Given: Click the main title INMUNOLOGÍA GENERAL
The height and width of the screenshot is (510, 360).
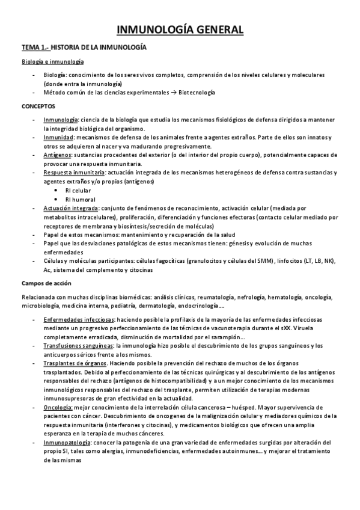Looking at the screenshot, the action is pyautogui.click(x=180, y=29).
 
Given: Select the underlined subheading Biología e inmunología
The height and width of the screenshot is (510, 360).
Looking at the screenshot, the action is pyautogui.click(x=53, y=61).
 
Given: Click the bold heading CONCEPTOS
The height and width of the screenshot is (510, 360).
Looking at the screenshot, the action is pyautogui.click(x=37, y=107).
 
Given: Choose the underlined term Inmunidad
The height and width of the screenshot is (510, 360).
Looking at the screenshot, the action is pyautogui.click(x=58, y=138).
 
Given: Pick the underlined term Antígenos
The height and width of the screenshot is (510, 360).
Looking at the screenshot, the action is pyautogui.click(x=58, y=155).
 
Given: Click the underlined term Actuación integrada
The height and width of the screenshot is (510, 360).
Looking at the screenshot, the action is pyautogui.click(x=69, y=207).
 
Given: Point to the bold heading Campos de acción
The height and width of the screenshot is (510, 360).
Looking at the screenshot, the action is pyautogui.click(x=46, y=283).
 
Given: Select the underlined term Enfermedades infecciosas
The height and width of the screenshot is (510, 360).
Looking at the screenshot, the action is pyautogui.click(x=78, y=320).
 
